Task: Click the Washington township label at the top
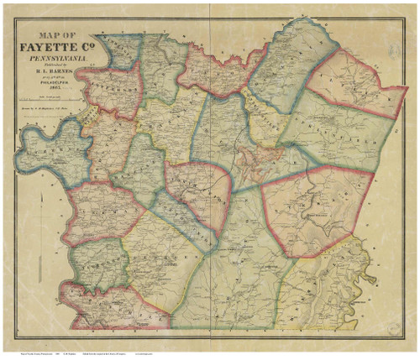(118, 46)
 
